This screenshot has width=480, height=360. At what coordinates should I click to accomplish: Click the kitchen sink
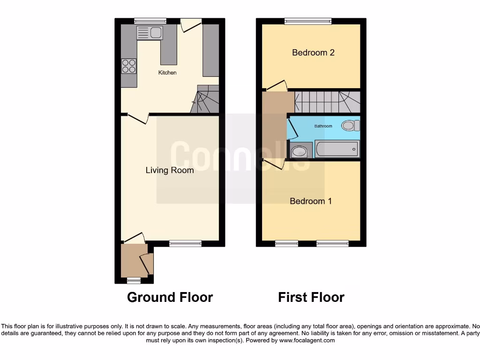point(149,32)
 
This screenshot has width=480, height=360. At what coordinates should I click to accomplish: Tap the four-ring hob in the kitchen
point(129,66)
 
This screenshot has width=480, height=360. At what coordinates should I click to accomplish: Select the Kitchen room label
point(167,73)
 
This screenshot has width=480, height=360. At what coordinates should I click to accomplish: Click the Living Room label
point(170,170)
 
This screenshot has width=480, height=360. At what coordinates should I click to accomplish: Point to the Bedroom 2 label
point(313,52)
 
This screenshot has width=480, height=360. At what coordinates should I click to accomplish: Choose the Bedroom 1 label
point(311,201)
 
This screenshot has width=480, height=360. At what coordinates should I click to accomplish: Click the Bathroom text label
point(323,126)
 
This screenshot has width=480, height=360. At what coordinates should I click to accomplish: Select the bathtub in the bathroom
point(337,149)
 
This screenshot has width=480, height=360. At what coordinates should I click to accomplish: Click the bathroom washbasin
point(299,151)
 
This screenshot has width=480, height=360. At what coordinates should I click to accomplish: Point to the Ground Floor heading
point(170,297)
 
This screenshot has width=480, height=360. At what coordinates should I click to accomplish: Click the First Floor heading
point(311,297)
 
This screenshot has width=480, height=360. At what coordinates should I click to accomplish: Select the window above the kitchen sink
point(150,21)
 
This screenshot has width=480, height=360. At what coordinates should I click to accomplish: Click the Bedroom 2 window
point(308,21)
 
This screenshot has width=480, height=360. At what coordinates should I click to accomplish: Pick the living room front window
point(186,243)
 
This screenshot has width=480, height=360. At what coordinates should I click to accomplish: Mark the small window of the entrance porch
point(134,280)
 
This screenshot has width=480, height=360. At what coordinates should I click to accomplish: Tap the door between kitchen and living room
point(137,119)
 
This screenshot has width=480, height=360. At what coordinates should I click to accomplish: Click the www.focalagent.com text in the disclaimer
point(307,340)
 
